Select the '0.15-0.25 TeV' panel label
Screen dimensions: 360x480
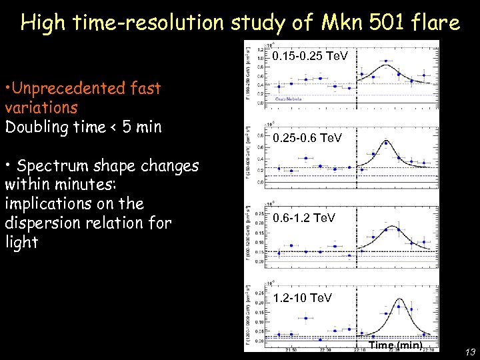pos(310,57)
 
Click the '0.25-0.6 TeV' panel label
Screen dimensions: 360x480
pos(307,137)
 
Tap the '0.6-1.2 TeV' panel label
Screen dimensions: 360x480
pos(303,218)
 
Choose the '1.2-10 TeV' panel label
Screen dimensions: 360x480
pos(302,298)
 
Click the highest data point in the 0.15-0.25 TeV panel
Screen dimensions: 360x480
pos(386,61)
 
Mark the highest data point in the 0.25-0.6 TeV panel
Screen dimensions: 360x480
pos(386,143)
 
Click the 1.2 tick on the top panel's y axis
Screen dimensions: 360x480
pos(259,49)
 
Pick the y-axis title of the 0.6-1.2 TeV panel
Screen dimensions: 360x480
pos(248,229)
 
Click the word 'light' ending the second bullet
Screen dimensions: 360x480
pos(21,242)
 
